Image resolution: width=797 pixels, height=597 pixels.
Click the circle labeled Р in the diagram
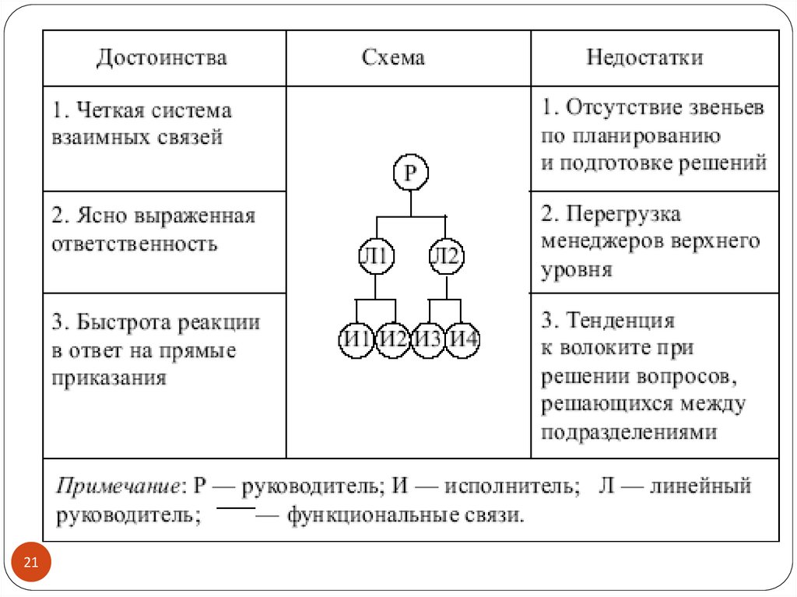[411, 172]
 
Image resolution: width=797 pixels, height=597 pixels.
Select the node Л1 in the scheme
[376, 256]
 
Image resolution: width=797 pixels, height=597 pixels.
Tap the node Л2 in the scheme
[446, 256]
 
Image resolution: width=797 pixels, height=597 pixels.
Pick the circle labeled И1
[356, 339]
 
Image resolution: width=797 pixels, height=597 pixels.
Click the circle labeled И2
[392, 339]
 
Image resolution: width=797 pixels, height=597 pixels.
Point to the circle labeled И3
[427, 339]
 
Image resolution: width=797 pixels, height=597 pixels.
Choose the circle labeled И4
[462, 339]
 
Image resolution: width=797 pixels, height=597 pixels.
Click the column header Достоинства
[162, 58]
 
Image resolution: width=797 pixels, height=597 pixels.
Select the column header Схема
[393, 58]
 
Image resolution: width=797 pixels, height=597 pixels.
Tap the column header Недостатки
[645, 58]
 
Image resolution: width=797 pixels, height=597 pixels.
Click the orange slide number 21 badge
[31, 562]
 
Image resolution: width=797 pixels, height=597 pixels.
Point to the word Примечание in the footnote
[118, 486]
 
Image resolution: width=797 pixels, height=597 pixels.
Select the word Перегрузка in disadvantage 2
[623, 214]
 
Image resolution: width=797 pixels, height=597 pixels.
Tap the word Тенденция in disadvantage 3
[620, 321]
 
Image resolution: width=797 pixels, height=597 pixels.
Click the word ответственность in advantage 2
[135, 244]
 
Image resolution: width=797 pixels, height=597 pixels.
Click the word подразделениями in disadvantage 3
[629, 433]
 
